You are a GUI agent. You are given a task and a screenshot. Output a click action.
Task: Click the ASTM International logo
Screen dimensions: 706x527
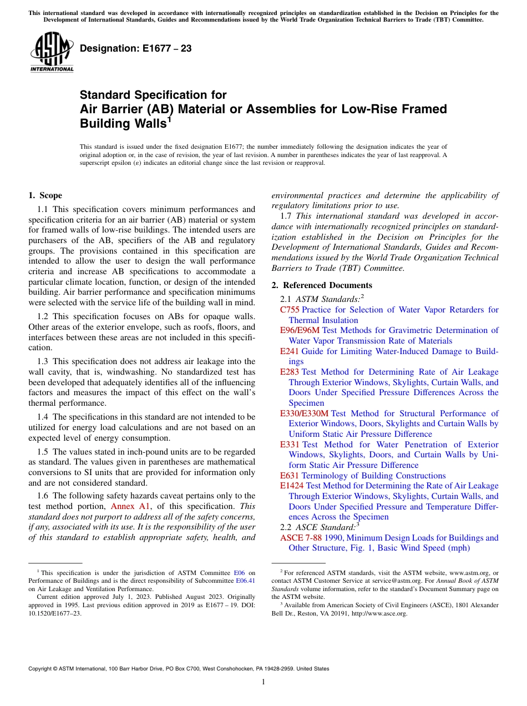coord(52,53)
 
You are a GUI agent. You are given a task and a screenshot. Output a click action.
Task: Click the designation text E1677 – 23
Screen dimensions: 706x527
coord(135,48)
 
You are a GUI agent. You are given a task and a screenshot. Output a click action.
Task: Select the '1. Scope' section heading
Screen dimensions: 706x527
coord(45,195)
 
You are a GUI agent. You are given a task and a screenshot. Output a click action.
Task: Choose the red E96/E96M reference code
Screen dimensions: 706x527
coord(300,330)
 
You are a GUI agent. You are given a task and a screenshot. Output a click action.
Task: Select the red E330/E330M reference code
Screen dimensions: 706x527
coord(304,413)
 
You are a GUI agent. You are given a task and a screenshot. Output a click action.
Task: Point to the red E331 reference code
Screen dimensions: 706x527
coord(290,445)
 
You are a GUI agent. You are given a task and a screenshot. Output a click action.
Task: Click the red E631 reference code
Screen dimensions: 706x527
coord(290,476)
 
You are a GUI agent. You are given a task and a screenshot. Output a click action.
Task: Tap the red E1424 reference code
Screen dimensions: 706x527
coord(292,486)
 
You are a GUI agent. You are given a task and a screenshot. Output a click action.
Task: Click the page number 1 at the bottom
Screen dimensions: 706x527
coord(263,682)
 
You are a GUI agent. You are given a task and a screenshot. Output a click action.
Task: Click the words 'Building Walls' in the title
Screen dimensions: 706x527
coord(123,123)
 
